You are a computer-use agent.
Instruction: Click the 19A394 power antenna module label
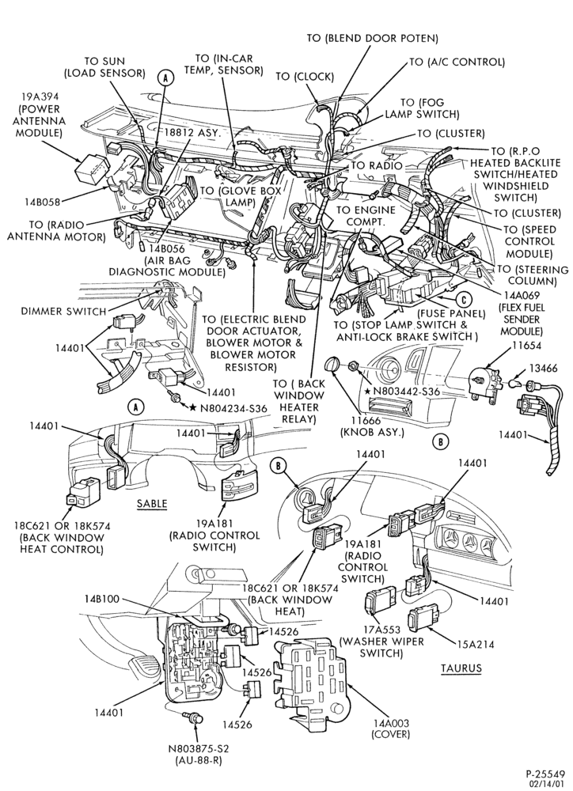click(x=40, y=115)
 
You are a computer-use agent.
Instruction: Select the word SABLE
click(x=152, y=503)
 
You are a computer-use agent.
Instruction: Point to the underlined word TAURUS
click(x=461, y=668)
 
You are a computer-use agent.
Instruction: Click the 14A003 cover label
click(x=391, y=729)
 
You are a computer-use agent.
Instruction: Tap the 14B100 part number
click(x=101, y=599)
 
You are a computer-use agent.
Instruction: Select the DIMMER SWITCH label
click(x=63, y=311)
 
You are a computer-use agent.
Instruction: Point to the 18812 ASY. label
click(x=193, y=133)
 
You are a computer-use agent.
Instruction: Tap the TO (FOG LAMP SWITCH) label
click(x=422, y=108)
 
